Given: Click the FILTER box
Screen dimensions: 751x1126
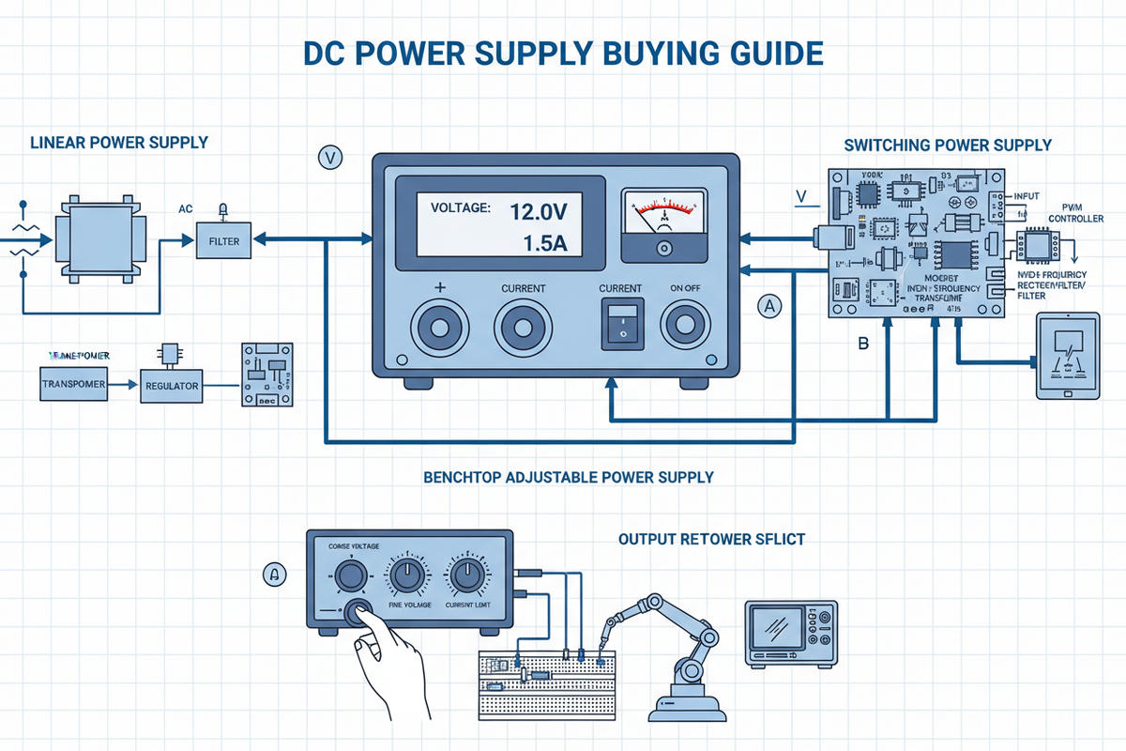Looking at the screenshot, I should tap(224, 241).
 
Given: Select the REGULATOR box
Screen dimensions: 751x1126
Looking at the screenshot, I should tap(172, 385).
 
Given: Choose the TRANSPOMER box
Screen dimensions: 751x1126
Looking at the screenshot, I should tap(74, 384).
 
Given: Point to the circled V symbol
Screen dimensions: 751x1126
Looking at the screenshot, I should tap(330, 157).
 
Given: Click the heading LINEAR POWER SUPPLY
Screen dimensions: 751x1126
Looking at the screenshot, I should tap(118, 143).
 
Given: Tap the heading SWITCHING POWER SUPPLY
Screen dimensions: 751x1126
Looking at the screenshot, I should tap(948, 145).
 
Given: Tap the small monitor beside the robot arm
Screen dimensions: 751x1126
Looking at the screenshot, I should tap(791, 634).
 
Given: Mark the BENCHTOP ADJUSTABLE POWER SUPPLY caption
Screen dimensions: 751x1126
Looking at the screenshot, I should tap(569, 477).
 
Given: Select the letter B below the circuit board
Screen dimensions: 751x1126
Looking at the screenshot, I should tap(863, 344).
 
